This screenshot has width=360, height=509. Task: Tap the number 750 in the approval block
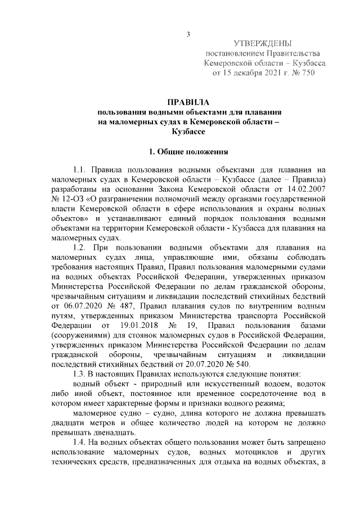point(306,73)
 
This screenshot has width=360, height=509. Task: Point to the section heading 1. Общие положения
point(188,152)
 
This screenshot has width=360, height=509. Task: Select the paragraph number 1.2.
point(81,248)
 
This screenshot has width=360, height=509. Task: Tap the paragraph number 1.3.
point(81,374)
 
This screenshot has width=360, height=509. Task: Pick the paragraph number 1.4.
point(81,445)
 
